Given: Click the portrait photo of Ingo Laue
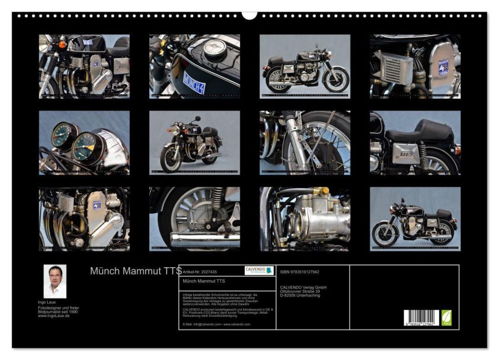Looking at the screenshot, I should tap(55, 281).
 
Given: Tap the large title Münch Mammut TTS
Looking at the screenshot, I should tap(135, 271).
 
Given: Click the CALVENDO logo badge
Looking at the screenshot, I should tap(259, 271).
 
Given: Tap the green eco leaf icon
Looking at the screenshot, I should tap(446, 318).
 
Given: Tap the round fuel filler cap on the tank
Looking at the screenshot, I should tap(214, 49).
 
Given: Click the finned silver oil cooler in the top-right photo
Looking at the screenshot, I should tap(392, 69).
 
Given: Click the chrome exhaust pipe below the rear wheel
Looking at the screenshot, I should tap(205, 239).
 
